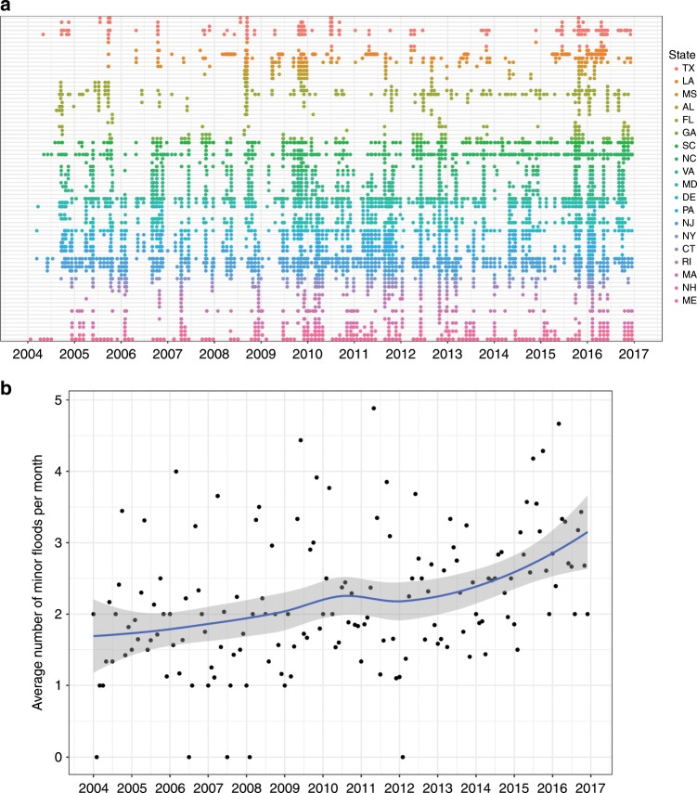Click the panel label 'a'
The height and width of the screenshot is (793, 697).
coord(6,7)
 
